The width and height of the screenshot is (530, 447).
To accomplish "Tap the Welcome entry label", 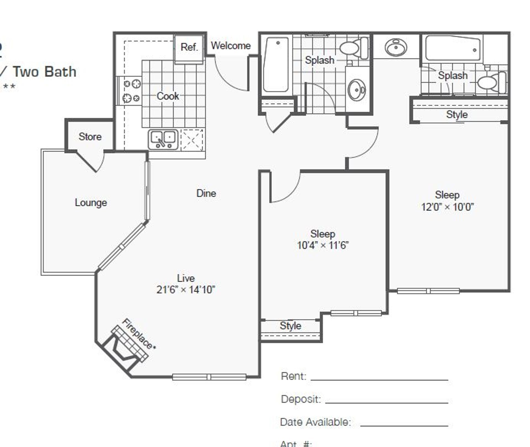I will pos(231,46).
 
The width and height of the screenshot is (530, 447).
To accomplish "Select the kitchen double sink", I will pos(163,140).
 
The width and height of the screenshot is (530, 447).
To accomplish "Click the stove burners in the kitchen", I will pos(131,91).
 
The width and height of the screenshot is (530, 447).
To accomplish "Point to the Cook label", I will pos(168,96).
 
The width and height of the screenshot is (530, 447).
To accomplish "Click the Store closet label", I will pos(90,136).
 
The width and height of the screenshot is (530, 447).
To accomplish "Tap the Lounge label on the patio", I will pos(91,203).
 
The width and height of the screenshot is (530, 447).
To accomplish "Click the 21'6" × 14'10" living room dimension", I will pos(185,290).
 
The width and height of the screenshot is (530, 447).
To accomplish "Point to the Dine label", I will pos(206,193).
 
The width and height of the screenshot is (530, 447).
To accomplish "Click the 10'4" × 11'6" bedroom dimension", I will pos(323,245).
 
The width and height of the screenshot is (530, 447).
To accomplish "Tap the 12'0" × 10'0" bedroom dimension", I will pos(447,207).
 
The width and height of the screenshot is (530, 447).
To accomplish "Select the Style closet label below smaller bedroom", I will pos(290,325).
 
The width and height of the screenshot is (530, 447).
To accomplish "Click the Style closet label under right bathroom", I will pos(457,114).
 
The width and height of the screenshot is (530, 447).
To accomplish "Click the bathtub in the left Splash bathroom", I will pos(276,65).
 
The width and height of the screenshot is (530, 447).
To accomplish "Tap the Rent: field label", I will pos(293,376).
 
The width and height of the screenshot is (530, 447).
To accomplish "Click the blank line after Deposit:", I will pos(386,402).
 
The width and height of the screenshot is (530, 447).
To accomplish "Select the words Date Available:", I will pos(315,422).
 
